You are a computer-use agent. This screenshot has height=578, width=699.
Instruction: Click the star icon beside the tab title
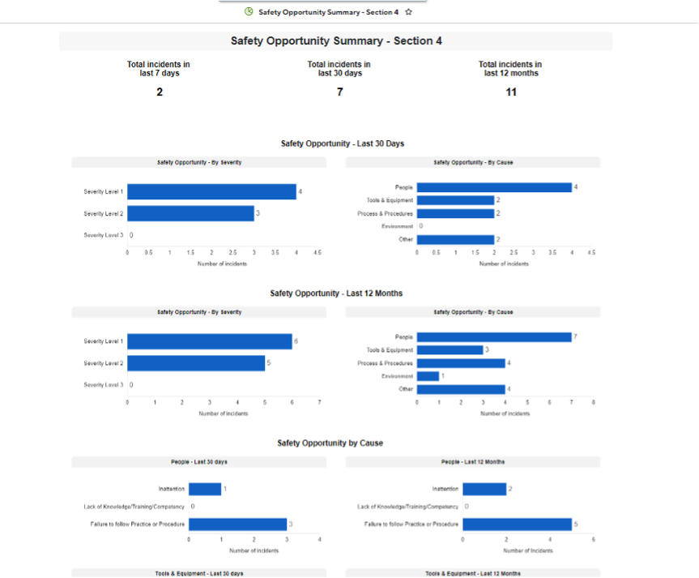[409, 12]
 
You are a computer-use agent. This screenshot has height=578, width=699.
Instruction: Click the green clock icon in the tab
[249, 12]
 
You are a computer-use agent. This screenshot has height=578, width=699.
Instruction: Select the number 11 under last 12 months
[511, 92]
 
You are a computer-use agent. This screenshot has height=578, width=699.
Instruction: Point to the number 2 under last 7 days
[160, 92]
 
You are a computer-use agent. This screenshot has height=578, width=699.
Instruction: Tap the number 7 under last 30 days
[339, 92]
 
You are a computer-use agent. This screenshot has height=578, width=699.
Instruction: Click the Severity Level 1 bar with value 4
[211, 192]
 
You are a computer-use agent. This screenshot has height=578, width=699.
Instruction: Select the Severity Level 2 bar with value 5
[196, 363]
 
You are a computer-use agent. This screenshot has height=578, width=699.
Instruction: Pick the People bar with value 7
[494, 337]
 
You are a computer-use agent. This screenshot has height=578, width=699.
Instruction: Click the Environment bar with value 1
[428, 376]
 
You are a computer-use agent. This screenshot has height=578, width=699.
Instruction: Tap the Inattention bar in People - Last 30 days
[205, 490]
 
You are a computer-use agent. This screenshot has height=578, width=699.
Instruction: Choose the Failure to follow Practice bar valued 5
[517, 524]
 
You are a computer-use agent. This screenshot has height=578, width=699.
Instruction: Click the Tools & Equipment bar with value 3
[450, 350]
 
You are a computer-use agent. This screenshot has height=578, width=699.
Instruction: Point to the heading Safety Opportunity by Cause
[330, 443]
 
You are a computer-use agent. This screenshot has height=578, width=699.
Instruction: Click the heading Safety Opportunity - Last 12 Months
[336, 293]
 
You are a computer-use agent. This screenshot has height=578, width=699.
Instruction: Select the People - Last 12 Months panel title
[473, 462]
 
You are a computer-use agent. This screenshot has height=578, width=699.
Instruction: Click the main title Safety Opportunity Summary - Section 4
[336, 41]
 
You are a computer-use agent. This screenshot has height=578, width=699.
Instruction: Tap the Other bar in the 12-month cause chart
[461, 389]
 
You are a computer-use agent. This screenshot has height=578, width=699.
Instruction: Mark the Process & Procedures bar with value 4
[461, 363]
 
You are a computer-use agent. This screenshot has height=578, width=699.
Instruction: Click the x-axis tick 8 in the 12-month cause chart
[593, 403]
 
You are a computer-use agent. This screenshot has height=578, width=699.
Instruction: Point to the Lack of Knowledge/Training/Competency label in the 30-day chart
[134, 507]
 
